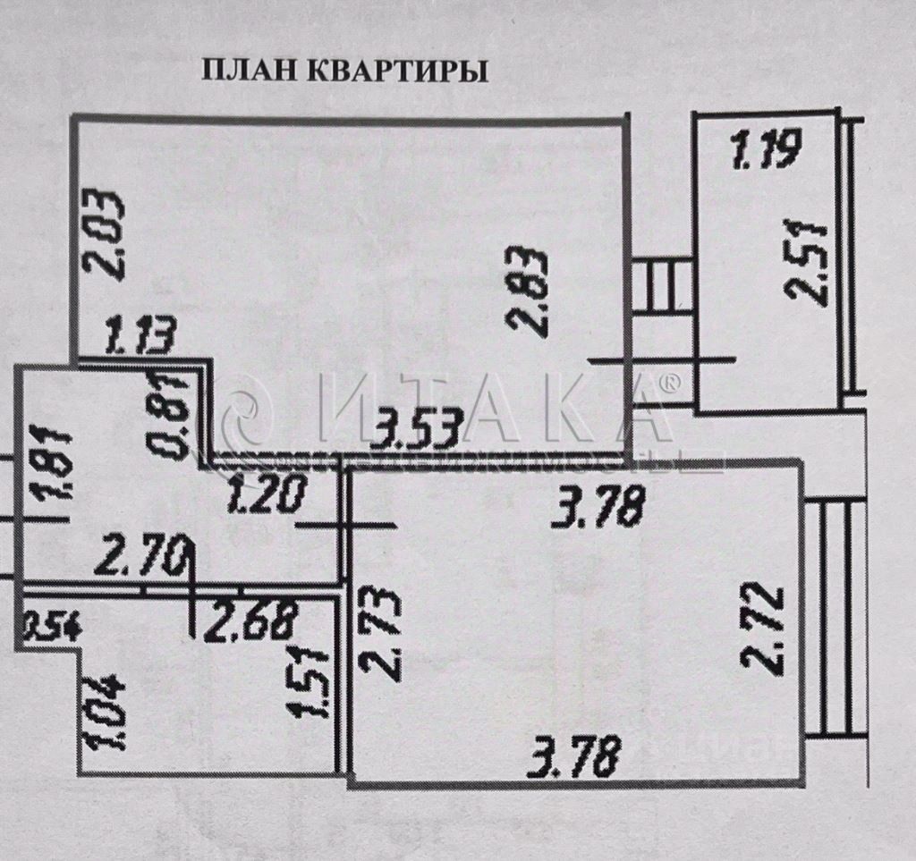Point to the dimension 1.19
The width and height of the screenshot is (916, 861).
click(x=768, y=149)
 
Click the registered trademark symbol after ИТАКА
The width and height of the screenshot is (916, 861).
click(x=669, y=383)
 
